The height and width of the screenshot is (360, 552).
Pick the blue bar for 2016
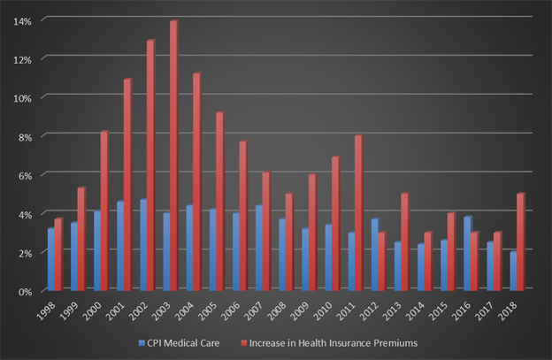467,254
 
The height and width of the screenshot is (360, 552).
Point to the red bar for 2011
357,213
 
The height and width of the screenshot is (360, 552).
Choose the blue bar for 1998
51,260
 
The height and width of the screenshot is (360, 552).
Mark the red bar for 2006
242,216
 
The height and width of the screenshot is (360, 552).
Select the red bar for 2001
127,185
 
